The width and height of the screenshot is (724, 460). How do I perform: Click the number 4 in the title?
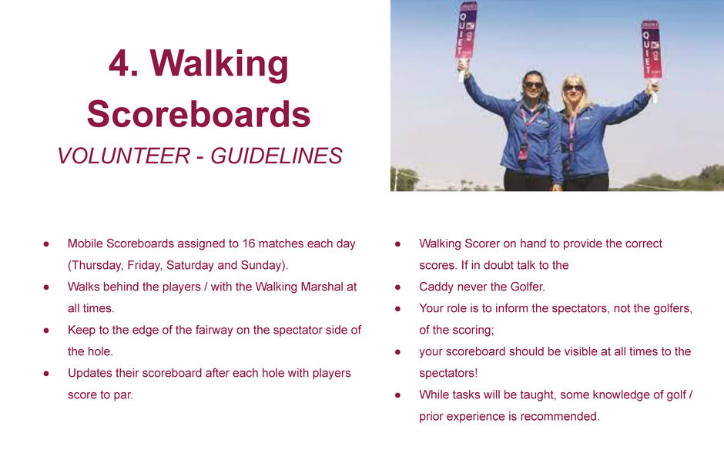coord(119,63)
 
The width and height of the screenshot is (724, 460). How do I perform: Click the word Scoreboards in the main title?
coord(199,114)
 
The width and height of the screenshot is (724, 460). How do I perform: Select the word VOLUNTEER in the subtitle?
coord(124,156)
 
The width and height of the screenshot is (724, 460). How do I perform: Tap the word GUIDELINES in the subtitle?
coord(277,156)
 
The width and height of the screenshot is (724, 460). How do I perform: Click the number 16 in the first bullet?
coord(249,243)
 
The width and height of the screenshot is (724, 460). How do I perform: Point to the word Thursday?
coord(97,266)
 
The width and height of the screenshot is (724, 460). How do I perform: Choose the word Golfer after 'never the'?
coord(528,287)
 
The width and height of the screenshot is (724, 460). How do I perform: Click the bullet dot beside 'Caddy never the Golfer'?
coord(397,287)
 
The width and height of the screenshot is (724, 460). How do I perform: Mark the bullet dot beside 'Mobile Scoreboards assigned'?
coord(46,243)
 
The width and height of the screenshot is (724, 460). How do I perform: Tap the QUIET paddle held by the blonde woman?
coord(652,49)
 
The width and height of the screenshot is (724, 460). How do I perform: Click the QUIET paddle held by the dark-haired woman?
coord(466,31)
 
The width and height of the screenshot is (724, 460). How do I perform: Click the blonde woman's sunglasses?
coord(573,88)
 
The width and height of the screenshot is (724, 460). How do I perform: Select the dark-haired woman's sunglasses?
coord(533,85)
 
